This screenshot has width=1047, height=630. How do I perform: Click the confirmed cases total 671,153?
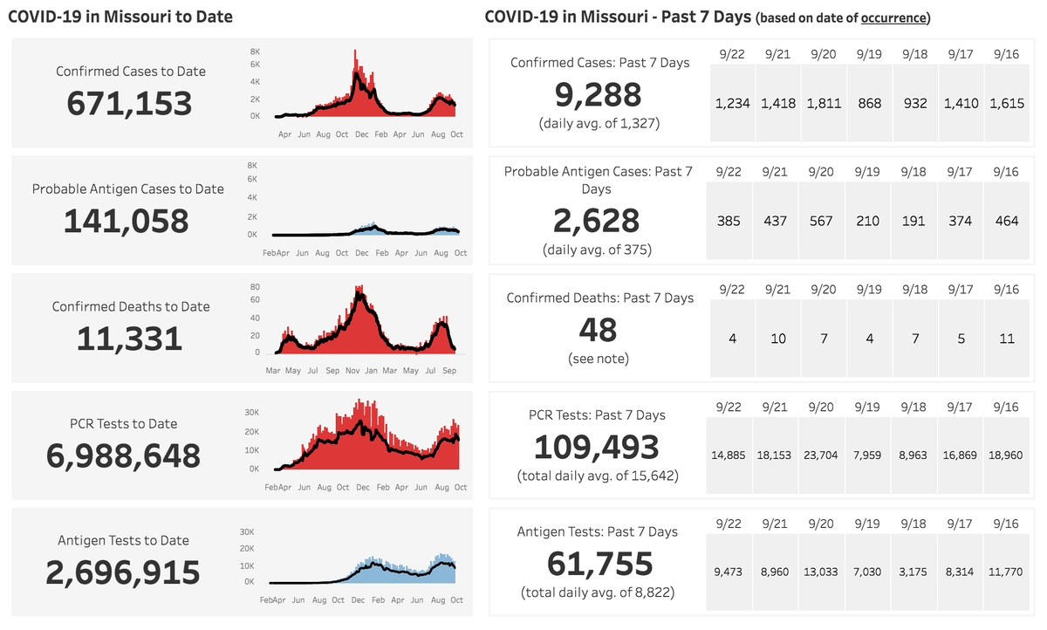[129, 103]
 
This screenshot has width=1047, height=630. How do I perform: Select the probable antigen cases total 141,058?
[126, 221]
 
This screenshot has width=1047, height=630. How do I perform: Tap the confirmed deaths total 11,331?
[129, 339]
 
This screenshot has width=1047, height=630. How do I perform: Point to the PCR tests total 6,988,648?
[123, 455]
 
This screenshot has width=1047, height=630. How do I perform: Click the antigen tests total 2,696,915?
[123, 572]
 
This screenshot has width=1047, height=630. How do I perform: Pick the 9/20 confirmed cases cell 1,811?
[825, 103]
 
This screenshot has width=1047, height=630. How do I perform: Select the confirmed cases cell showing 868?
[870, 103]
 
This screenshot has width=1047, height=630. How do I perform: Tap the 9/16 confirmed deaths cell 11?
[1007, 339]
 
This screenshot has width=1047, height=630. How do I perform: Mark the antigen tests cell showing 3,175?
[915, 572]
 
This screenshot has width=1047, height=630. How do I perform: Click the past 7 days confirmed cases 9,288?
[599, 94]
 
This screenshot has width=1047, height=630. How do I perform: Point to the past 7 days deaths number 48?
[599, 330]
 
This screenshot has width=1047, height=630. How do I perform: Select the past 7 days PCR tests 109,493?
[597, 447]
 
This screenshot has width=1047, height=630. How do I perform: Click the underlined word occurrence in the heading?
[893, 17]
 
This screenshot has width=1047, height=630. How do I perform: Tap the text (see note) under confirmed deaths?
[599, 359]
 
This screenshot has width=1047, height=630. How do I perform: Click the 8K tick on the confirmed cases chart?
[254, 51]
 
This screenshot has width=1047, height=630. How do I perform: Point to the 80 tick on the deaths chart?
[256, 286]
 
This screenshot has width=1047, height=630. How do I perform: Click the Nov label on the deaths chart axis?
[352, 370]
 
